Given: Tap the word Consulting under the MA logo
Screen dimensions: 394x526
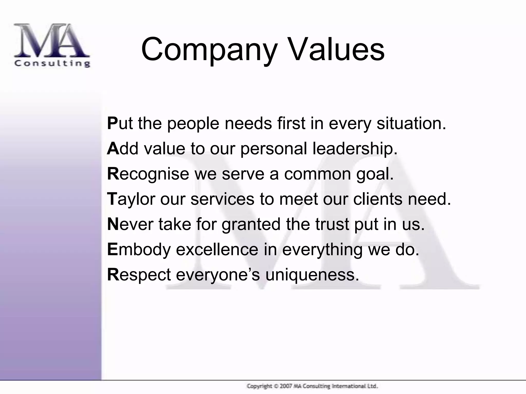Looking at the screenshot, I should pos(52,63).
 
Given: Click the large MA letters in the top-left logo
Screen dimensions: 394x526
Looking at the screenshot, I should pos(51,41).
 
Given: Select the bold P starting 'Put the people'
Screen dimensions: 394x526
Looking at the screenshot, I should pos(112,123).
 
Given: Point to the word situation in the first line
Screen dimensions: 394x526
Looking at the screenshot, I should pos(411,123).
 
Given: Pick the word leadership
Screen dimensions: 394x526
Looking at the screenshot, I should pos(355,149).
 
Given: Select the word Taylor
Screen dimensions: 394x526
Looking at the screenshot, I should pos(131,199).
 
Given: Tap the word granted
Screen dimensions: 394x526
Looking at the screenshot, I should pos(251,224).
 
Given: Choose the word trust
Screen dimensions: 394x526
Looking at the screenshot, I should pos(332,224).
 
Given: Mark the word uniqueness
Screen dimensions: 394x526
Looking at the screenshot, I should pos(312,274).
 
